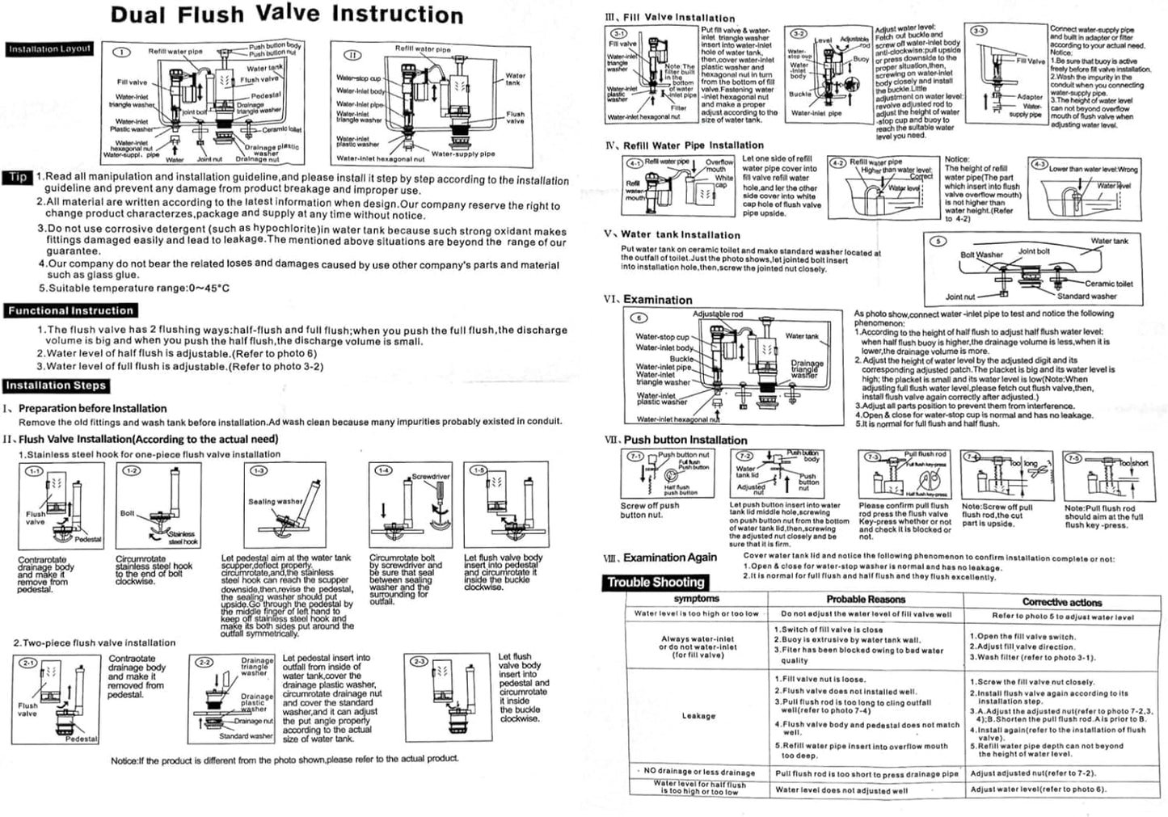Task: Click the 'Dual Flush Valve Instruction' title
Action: point(287,15)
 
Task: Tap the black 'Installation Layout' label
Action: point(50,49)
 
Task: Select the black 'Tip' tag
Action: point(19,177)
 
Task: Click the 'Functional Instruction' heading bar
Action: point(70,310)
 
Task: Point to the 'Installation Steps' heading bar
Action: point(56,385)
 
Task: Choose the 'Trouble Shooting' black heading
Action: point(656,582)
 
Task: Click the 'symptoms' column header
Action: point(696,599)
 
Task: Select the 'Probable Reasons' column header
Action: point(866,600)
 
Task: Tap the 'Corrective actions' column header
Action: point(1062,602)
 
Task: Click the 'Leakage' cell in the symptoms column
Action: point(698,716)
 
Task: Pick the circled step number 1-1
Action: point(36,470)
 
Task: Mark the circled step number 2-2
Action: point(204,663)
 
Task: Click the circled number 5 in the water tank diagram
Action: point(938,242)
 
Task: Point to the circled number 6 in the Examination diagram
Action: point(639,318)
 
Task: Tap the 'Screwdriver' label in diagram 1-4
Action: point(431,477)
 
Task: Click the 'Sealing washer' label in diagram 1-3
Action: point(275,501)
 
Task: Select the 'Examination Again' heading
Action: point(669,558)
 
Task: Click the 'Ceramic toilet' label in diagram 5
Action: point(1108,284)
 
